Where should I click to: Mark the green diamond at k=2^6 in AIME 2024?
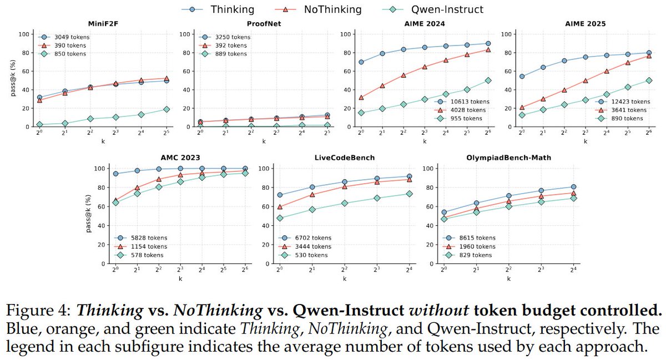(x=487, y=80)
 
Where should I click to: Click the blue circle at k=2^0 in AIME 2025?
(x=522, y=77)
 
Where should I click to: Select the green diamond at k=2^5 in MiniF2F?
(x=167, y=109)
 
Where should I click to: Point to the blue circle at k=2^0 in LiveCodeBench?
(x=280, y=195)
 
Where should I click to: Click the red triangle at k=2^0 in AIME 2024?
(x=361, y=97)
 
